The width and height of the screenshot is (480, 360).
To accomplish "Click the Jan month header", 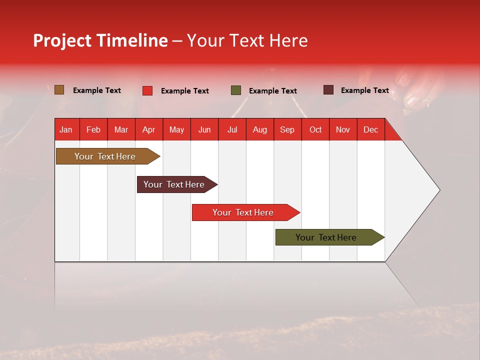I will (x=66, y=129).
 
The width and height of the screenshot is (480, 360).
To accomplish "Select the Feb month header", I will (x=93, y=129).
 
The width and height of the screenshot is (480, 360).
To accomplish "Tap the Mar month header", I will (x=121, y=129).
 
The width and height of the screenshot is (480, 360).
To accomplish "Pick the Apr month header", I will (x=149, y=129).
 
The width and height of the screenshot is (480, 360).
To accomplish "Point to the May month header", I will (x=176, y=129).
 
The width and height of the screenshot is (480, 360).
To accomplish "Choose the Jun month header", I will (x=204, y=129).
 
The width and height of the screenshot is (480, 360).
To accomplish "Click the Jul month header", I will (x=232, y=129).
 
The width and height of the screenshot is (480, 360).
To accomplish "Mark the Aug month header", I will (x=260, y=129).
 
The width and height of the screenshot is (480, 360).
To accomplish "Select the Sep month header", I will (x=287, y=129).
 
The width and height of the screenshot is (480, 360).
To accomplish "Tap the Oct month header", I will (x=315, y=129).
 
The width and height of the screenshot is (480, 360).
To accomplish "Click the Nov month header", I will (x=343, y=129).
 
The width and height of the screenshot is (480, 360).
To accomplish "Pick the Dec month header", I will (x=371, y=129).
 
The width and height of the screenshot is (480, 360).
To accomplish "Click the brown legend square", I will (x=59, y=90).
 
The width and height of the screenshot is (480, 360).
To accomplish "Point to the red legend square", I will (x=147, y=90).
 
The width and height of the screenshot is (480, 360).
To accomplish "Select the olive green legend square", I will (x=236, y=90).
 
